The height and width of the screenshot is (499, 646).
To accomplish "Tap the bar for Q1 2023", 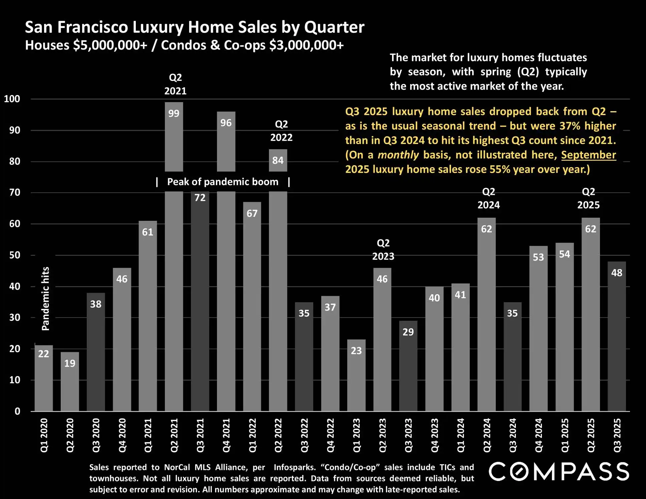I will [356, 375].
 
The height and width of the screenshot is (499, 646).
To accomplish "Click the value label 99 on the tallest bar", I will [174, 113].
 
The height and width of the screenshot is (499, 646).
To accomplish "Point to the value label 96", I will [226, 123].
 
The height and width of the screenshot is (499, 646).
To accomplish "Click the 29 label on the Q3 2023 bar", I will [408, 332].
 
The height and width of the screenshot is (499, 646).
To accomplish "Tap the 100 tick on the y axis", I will [12, 99].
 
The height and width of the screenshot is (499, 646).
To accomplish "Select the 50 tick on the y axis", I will [15, 255].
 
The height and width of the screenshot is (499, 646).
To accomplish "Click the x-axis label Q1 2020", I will [44, 435].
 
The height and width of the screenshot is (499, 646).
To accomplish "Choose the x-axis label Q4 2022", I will [330, 435].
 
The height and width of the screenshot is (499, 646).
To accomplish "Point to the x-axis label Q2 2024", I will [487, 435].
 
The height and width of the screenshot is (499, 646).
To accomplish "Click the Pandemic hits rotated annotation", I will [45, 299].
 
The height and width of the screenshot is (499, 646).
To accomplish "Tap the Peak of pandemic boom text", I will [223, 182].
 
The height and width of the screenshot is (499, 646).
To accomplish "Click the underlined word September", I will [588, 155].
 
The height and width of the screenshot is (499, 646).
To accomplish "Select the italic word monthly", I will [398, 155].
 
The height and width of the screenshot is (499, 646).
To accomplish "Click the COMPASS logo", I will [559, 471].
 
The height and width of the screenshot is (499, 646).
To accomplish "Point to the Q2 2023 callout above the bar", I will [383, 249].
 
